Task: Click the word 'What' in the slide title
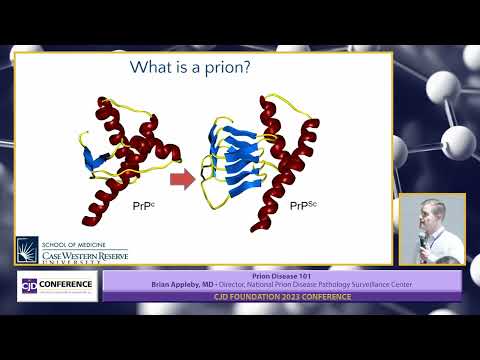pyautogui.click(x=155, y=69)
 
